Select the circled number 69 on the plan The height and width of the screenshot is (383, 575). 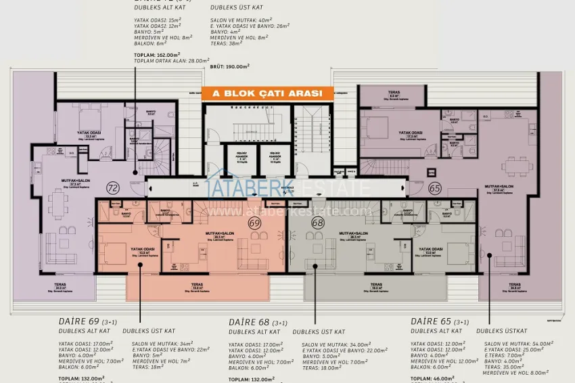tap(255, 222)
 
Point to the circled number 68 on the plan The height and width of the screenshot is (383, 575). tap(317, 222)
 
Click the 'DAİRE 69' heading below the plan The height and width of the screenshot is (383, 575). tap(79, 321)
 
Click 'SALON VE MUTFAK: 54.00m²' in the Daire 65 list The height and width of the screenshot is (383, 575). tap(520, 344)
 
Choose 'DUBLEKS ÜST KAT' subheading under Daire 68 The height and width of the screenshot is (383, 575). tap(319, 332)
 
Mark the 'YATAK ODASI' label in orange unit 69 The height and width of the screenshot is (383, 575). tap(143, 250)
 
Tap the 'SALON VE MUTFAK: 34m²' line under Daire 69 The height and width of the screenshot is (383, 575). tap(163, 344)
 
